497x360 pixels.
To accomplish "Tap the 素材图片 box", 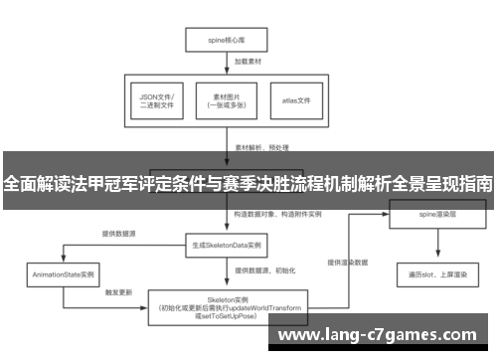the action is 228,99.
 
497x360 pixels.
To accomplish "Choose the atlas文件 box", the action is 297,99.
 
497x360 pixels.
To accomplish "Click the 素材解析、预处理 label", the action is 261,146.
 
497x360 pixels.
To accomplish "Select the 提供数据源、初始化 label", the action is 261,270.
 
